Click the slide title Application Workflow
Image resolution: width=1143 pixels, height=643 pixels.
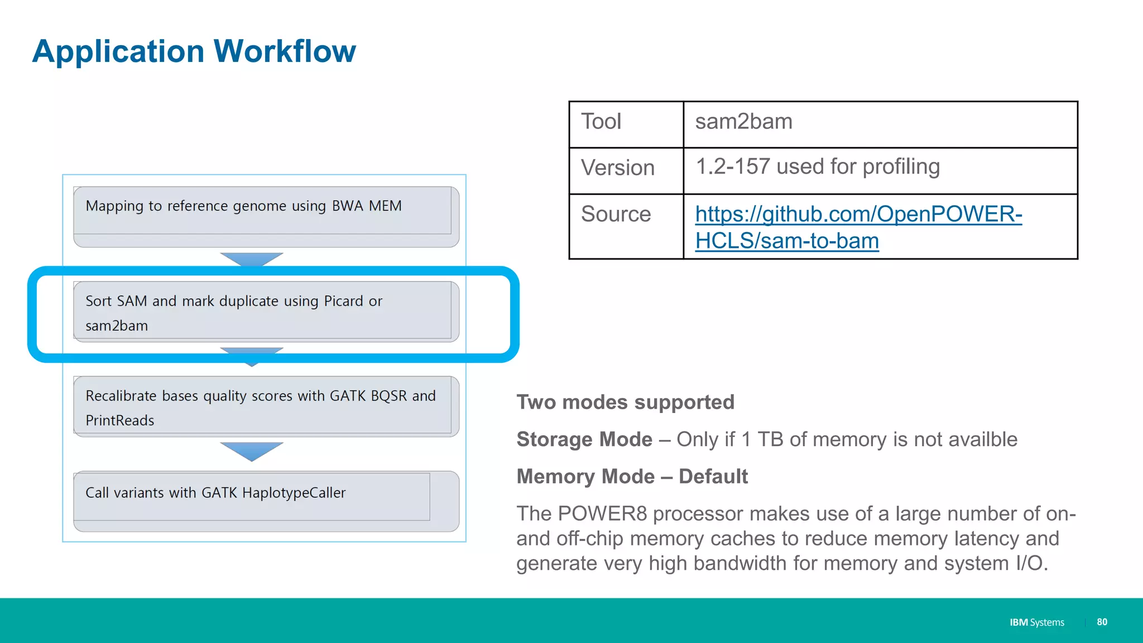(194, 51)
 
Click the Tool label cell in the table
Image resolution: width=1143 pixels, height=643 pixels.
(601, 122)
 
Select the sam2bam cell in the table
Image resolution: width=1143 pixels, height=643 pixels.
(743, 122)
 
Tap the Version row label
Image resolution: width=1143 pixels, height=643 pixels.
(617, 168)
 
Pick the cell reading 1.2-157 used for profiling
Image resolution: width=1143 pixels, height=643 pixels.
(818, 167)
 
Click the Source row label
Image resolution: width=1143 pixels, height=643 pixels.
(616, 214)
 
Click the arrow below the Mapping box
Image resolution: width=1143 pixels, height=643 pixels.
(252, 259)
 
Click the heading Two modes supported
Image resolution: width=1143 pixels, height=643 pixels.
(625, 402)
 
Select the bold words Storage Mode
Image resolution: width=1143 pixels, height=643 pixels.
(584, 440)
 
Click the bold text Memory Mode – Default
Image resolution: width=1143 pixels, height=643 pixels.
(632, 477)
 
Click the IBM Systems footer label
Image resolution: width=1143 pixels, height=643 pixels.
(1036, 622)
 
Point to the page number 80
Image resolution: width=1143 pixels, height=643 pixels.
(1102, 622)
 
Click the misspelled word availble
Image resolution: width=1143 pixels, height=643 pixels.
(982, 440)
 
